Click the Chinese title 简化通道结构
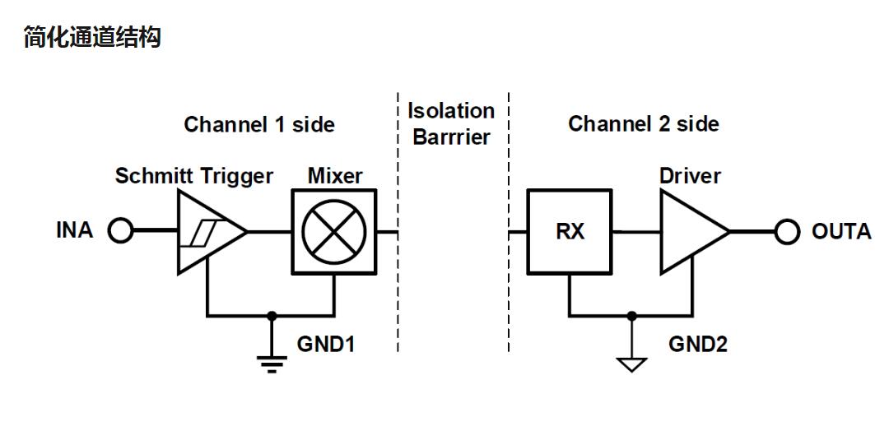[x=92, y=38]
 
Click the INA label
[x=75, y=231]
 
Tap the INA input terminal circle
[x=120, y=232]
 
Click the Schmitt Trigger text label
[x=194, y=176]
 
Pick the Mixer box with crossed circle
[x=334, y=232]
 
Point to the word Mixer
[x=335, y=176]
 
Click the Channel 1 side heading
[x=259, y=125]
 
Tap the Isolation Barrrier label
[x=452, y=123]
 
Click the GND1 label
[x=326, y=344]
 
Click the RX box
[x=570, y=232]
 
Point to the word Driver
[x=690, y=176]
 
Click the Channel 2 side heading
[x=643, y=125]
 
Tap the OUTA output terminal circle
[x=787, y=232]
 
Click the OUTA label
[x=840, y=231]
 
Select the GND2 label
[x=697, y=344]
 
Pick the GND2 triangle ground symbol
[x=631, y=362]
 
